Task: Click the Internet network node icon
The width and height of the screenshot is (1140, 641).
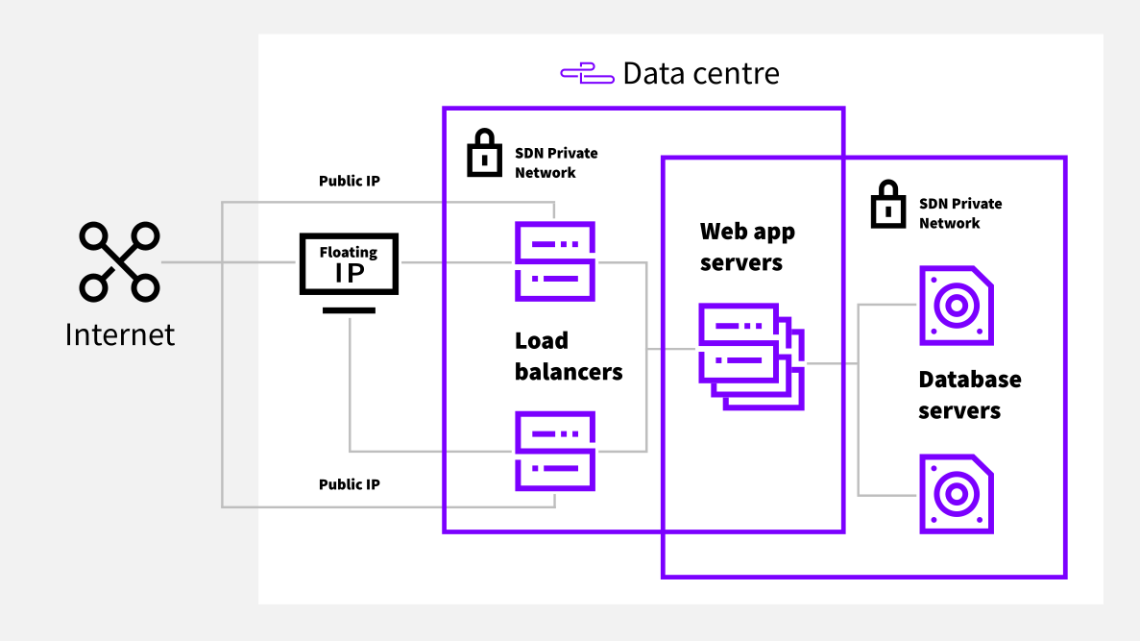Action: coord(120,261)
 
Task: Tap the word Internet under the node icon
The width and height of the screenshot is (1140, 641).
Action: coord(120,334)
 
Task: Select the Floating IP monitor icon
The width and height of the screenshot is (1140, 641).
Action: coord(349,270)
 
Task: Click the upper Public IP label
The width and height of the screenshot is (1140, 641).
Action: coord(349,181)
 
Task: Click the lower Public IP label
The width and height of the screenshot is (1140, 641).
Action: coord(349,484)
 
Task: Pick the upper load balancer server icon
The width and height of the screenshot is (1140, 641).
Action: coord(555,261)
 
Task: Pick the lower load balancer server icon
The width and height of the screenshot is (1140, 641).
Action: coord(555,451)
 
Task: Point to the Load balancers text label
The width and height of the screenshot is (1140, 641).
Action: coord(569,356)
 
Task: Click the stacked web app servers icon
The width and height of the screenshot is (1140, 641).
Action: coord(750,357)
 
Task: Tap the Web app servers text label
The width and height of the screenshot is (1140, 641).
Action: coord(747,247)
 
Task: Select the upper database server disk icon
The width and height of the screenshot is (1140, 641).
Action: coord(956,306)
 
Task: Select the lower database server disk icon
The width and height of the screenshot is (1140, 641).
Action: coord(956,494)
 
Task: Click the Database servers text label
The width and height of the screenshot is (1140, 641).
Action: coord(969,395)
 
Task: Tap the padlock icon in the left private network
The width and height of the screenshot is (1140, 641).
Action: coord(484,154)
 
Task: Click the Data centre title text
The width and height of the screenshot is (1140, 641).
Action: coord(701,73)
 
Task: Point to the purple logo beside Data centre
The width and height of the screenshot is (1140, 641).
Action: coord(587,74)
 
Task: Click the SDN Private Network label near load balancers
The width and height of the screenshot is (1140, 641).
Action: coord(556,162)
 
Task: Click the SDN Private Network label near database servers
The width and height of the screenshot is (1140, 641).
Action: coord(960,212)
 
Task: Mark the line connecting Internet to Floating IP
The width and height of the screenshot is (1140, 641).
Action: coord(230,262)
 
